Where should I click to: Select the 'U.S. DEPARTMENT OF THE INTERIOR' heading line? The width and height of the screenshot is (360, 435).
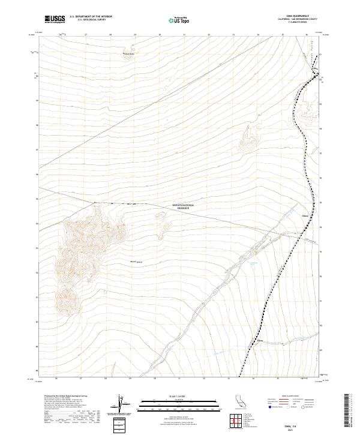[x=91, y=17]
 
